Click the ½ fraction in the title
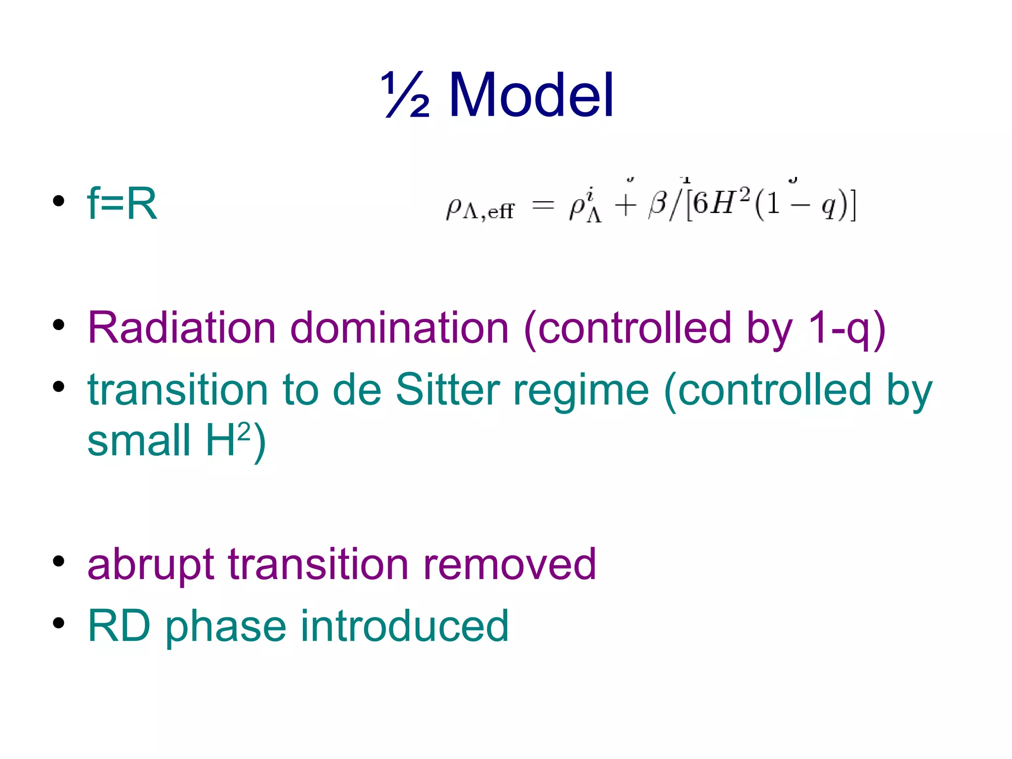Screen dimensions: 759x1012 (406, 94)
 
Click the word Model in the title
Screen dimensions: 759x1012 (531, 94)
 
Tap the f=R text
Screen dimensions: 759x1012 (122, 203)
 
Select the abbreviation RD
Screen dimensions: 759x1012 (119, 626)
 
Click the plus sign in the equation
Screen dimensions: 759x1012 (625, 205)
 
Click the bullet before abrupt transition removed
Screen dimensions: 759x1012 (59, 561)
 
